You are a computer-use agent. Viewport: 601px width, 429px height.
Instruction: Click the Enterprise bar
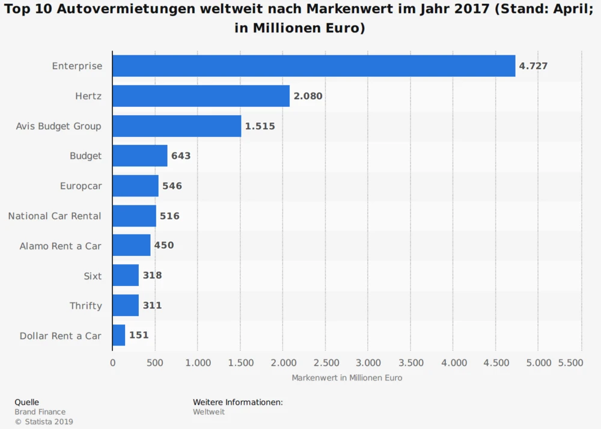314,66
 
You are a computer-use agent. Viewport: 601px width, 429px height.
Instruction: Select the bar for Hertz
201,96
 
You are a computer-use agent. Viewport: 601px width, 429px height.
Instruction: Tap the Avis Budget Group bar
177,126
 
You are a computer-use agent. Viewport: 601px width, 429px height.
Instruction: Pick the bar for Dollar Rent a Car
118,335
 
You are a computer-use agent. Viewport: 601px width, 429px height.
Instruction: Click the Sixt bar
126,275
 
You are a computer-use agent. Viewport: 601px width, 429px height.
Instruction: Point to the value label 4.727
533,66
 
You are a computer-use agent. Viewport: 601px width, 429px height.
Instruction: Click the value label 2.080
308,96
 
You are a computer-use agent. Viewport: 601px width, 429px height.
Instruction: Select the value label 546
172,186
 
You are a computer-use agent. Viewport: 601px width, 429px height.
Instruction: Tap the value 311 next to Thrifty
152,305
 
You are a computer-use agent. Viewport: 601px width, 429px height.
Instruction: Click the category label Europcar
81,186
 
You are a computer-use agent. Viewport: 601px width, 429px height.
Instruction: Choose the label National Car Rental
55,216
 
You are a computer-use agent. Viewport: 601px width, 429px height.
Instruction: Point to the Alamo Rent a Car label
60,246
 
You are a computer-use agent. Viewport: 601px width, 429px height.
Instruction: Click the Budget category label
86,156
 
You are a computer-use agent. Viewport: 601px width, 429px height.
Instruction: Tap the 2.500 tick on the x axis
325,363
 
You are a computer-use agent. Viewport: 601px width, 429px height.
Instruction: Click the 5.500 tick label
570,363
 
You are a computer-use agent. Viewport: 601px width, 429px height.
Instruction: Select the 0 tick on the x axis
112,363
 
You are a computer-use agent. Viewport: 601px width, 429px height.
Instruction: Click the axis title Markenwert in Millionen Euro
347,378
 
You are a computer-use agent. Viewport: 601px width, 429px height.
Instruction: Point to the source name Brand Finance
40,412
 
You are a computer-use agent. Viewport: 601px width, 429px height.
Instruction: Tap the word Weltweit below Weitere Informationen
209,412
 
